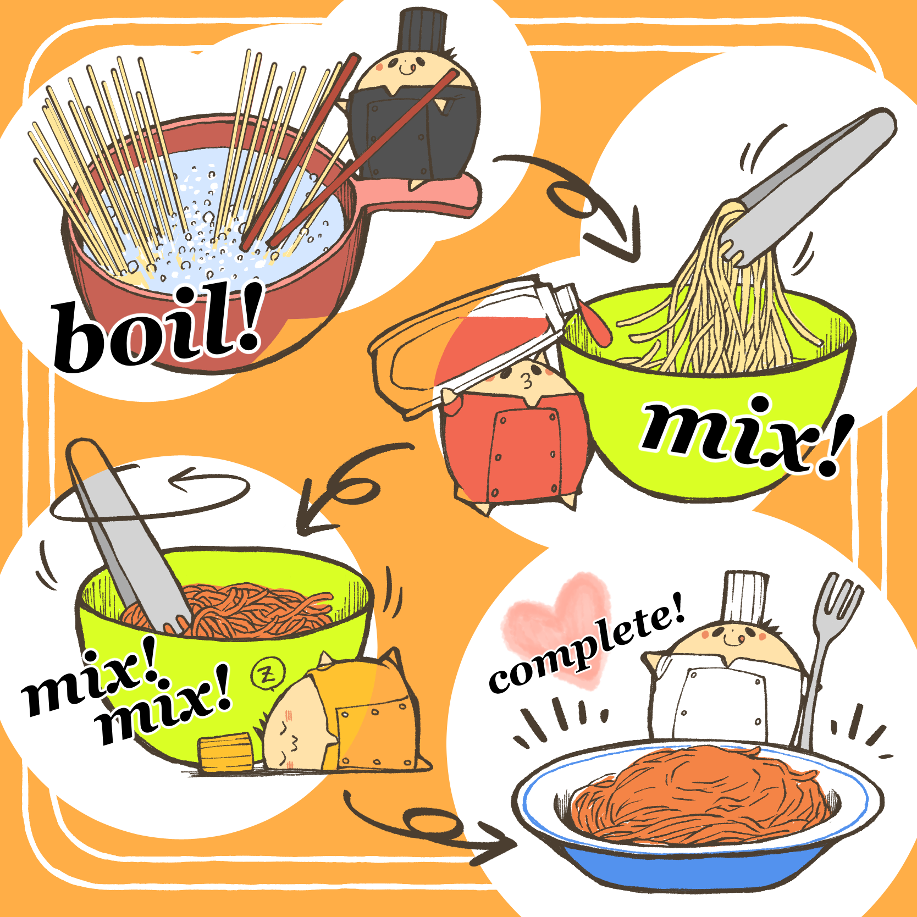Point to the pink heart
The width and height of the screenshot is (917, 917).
point(555,627)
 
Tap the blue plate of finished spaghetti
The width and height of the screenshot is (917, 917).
point(698,814)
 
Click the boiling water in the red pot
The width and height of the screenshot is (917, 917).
point(220,220)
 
